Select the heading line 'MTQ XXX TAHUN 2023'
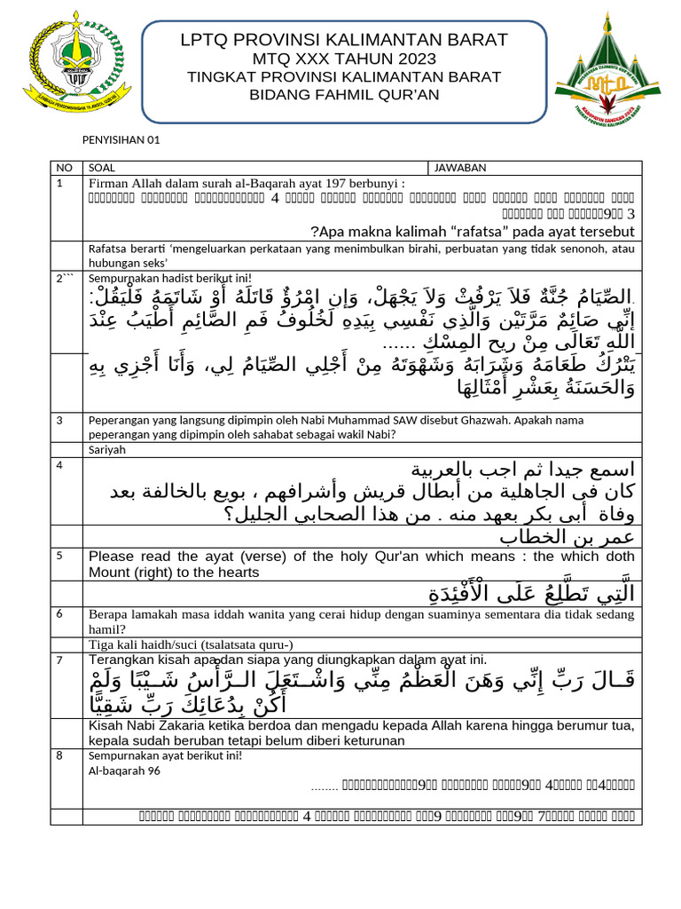pos(345,59)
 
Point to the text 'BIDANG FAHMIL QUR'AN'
pos(345,96)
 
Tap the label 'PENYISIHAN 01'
pos(121,140)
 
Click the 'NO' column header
pos(63,168)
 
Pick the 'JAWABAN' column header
pos(460,168)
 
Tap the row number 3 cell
pos(59,420)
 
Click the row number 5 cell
pos(59,556)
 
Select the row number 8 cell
pos(59,755)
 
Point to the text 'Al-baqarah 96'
pos(124,771)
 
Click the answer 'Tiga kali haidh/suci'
pos(191,644)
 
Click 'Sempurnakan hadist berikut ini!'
pos(169,278)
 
